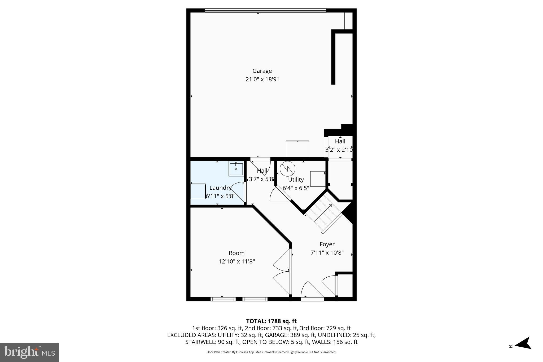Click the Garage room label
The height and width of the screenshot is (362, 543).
coord(262,71)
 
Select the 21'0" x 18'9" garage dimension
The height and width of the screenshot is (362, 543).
coord(262,79)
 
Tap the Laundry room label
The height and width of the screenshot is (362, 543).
coord(220,188)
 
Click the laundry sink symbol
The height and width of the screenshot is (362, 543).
coord(236,169)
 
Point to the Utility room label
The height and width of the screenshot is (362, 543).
coord(296,180)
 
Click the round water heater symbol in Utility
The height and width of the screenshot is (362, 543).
coord(287,169)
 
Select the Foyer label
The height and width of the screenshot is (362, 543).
coord(327,244)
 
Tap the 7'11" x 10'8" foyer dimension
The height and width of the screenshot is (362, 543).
coord(327,253)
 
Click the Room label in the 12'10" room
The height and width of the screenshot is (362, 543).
coord(237,253)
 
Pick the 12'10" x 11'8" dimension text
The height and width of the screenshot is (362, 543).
coord(237,261)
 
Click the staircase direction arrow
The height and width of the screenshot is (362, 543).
coord(330,205)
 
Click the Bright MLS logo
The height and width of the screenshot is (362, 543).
coord(29,352)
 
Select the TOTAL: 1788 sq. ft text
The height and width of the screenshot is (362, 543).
coord(271,321)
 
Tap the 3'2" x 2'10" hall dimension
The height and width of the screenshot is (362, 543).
coord(339,150)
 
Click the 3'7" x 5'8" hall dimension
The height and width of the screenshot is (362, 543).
coord(261,179)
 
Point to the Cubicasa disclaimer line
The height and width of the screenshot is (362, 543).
coord(271,352)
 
